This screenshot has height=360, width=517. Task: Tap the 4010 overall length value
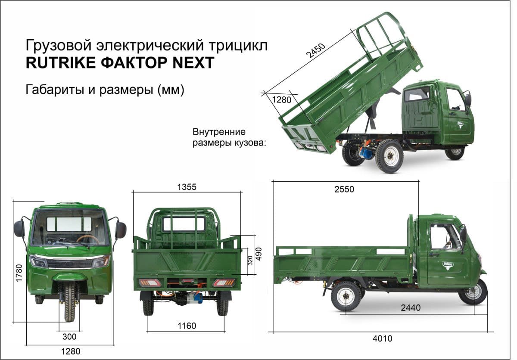click(x=383, y=338)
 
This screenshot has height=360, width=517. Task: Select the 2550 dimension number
click(x=344, y=189)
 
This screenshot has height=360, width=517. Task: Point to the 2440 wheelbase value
click(x=411, y=307)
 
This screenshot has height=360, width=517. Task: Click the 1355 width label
click(x=187, y=187)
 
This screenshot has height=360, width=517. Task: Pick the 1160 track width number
click(x=187, y=326)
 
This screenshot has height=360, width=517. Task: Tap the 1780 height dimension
click(x=19, y=273)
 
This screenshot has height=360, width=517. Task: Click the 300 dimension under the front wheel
click(x=69, y=337)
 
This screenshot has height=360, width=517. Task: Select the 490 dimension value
click(x=259, y=254)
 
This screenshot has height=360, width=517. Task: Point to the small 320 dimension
click(x=250, y=261)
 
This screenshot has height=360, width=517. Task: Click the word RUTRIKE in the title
click(x=61, y=62)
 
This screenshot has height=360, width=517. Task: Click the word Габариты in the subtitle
click(x=55, y=89)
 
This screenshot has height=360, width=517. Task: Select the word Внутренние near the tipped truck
click(x=219, y=132)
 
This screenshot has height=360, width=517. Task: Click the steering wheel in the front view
click(x=88, y=239)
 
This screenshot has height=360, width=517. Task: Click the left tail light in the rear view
click(x=150, y=282)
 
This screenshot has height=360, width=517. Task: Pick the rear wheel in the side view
click(x=346, y=296)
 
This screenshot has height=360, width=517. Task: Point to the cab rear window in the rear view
click(x=184, y=224)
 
